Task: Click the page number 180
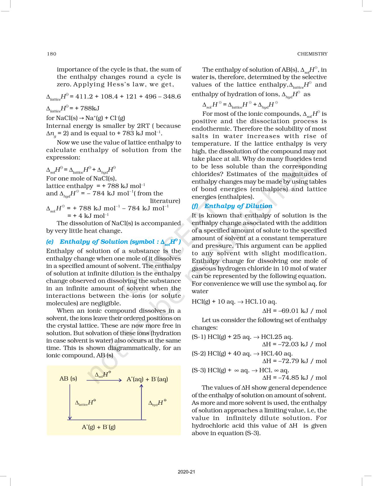51,54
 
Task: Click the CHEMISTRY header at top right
312,54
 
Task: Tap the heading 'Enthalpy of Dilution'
238,206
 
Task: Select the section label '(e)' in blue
50,242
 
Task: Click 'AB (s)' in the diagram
68,379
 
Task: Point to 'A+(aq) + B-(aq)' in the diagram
147,379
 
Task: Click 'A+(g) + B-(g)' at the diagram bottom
99,427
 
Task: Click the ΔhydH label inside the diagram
157,403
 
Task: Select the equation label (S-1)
199,337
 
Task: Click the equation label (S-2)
199,353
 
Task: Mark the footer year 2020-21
186,472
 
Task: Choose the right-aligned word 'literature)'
165,201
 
